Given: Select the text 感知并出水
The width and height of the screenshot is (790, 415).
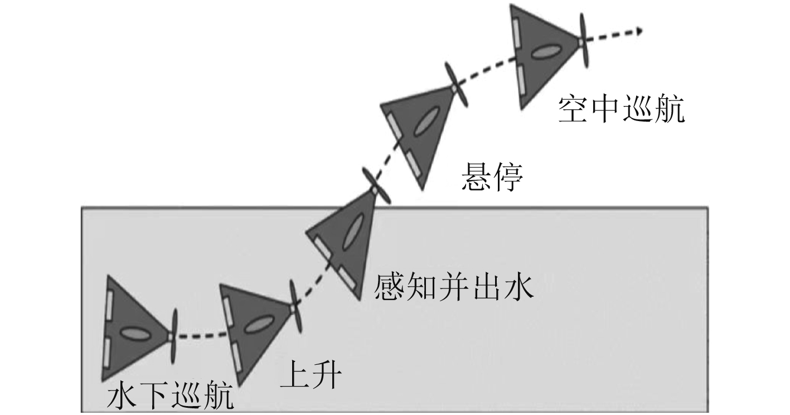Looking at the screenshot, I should coord(454,287).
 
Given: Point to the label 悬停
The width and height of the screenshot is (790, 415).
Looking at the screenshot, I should coord(492,178).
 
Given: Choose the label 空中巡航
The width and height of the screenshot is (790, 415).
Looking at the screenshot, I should coord(621,110).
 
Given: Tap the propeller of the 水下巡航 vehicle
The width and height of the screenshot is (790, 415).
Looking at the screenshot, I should coord(174,336).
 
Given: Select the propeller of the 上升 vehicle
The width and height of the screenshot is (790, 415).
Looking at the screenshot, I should coord(294,307).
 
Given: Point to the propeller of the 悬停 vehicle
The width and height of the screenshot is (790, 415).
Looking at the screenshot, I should coord(456,85).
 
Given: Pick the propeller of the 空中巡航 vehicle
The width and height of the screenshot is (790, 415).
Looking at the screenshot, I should coord(583,40).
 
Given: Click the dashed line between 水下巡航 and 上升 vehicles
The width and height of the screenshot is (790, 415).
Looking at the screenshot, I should coord(201,336).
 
